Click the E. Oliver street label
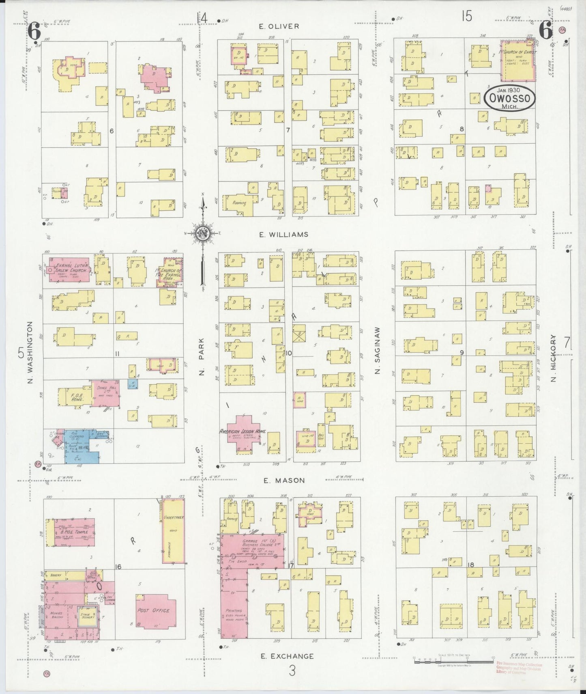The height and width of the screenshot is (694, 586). coord(279,26)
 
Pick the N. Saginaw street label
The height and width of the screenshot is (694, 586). coord(377,350)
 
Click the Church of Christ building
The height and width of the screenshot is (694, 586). coord(517,60)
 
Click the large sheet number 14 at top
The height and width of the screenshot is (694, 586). coord(202,18)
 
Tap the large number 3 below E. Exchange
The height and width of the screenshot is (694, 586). coord(292,671)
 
